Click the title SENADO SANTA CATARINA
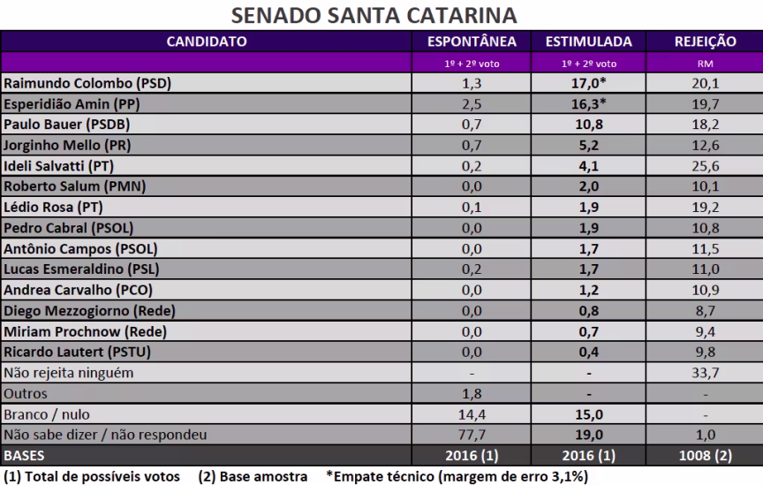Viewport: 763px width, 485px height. pyautogui.click(x=374, y=16)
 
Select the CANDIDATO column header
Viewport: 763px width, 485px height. pyautogui.click(x=207, y=41)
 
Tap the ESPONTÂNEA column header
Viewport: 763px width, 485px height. pyautogui.click(x=472, y=41)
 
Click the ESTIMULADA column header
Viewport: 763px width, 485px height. pyautogui.click(x=589, y=41)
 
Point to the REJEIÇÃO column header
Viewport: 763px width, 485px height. pyautogui.click(x=705, y=41)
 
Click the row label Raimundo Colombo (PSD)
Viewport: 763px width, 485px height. pyautogui.click(x=88, y=83)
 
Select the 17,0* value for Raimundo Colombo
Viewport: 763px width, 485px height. pyautogui.click(x=589, y=83)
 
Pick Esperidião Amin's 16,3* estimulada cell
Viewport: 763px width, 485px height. pyautogui.click(x=589, y=103)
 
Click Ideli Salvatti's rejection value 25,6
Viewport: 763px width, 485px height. pyautogui.click(x=705, y=165)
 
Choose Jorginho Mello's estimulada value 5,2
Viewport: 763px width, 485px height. pyautogui.click(x=589, y=145)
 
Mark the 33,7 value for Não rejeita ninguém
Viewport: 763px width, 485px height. pyautogui.click(x=705, y=373)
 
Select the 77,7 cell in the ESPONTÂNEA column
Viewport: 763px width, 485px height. pyautogui.click(x=472, y=435)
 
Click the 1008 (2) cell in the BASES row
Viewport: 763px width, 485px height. pyautogui.click(x=705, y=456)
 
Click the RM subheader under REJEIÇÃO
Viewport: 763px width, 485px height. pyautogui.click(x=705, y=64)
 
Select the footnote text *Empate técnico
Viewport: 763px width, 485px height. pyautogui.click(x=455, y=476)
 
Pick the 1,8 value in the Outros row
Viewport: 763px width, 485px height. pyautogui.click(x=472, y=394)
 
